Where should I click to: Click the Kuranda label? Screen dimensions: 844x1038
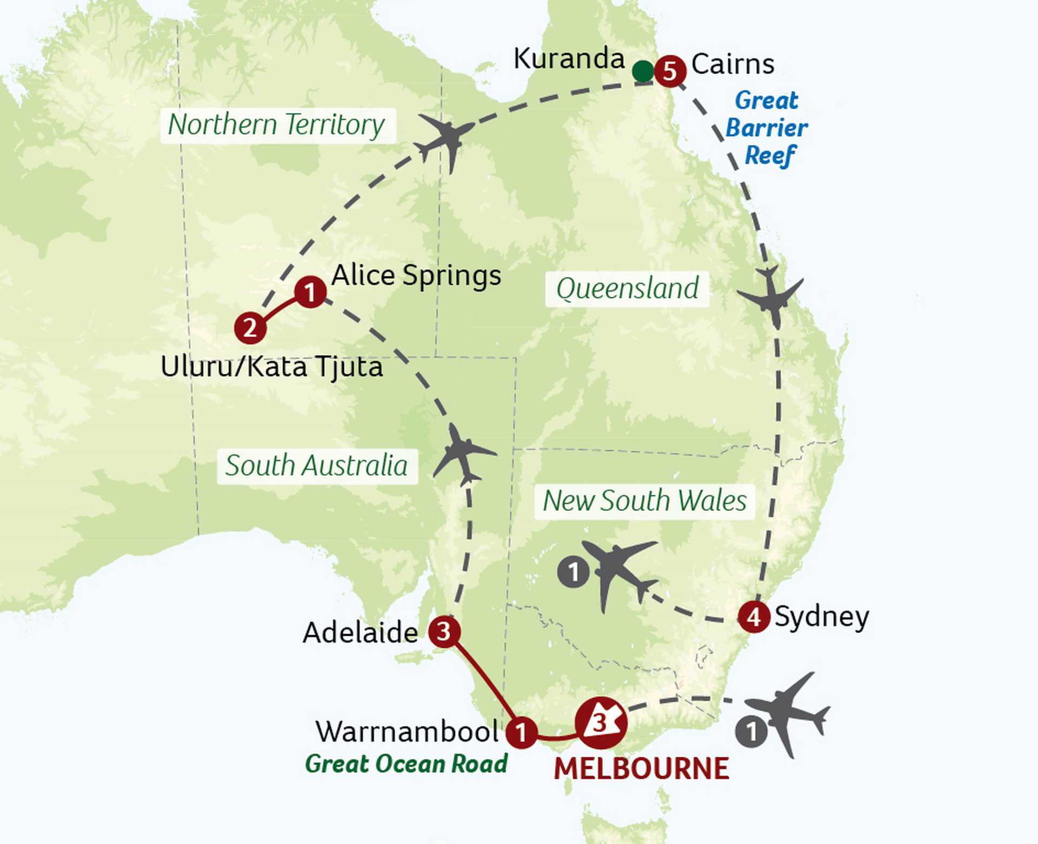[569, 58]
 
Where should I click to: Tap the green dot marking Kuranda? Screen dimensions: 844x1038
[643, 71]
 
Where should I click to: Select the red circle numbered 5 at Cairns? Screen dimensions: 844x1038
[670, 70]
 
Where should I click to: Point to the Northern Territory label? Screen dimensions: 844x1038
[277, 125]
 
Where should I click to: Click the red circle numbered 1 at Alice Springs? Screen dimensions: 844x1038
[310, 292]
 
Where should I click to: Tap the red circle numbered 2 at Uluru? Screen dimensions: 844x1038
[250, 327]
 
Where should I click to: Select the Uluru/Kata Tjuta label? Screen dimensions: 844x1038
[271, 366]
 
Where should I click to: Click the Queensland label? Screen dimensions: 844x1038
[627, 288]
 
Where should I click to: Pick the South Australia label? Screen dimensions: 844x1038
[317, 466]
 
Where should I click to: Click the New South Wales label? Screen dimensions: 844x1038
[644, 500]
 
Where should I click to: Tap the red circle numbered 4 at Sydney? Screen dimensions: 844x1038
[754, 616]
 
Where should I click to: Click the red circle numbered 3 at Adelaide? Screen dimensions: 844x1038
[444, 631]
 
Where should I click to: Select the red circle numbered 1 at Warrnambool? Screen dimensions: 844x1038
[521, 733]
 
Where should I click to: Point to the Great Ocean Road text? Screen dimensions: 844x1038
[406, 764]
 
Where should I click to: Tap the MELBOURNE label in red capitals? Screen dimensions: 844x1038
[642, 769]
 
